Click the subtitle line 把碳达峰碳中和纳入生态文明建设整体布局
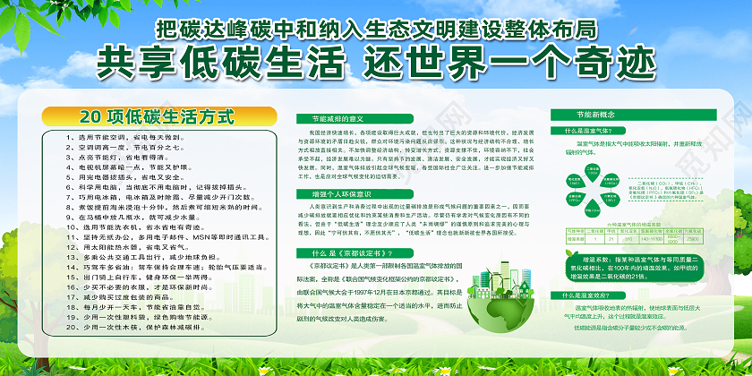[x=375, y=29]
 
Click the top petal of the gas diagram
[x=594, y=169]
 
